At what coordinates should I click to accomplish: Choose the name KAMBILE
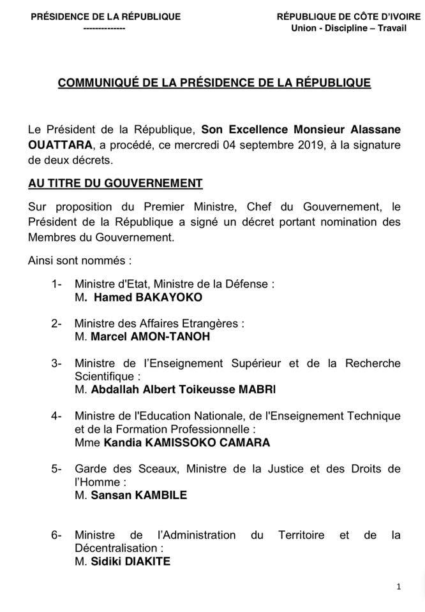[160, 495]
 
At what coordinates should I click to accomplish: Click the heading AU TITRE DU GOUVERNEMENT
[116, 184]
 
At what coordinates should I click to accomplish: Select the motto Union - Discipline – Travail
[343, 28]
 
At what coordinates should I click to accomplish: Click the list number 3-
[56, 363]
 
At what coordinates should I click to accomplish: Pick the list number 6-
[56, 535]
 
